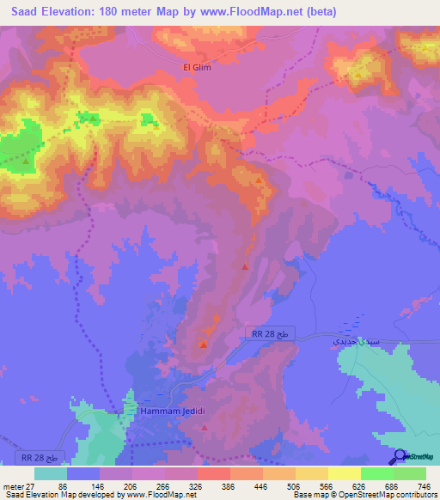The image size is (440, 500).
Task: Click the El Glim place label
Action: tap(197, 66)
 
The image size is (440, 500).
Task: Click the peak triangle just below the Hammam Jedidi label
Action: tap(204, 427)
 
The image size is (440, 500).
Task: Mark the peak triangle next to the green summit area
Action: tap(27, 160)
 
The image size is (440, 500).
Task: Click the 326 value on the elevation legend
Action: tap(197, 487)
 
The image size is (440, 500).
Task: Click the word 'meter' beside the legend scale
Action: tap(12, 487)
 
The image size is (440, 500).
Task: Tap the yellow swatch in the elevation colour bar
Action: tap(311, 473)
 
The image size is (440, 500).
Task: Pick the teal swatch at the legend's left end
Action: tap(50, 473)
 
